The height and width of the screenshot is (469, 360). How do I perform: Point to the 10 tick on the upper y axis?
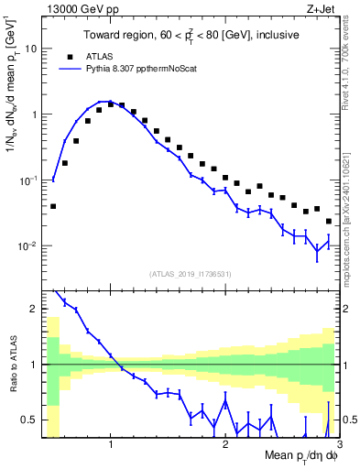(x=29, y=49)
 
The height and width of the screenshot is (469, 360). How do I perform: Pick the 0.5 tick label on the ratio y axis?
(x=29, y=420)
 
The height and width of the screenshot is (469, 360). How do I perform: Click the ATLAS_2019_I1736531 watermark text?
(x=189, y=274)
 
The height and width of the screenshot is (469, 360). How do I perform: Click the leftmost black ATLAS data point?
(x=53, y=206)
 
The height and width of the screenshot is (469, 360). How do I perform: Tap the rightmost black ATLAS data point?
(x=329, y=221)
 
